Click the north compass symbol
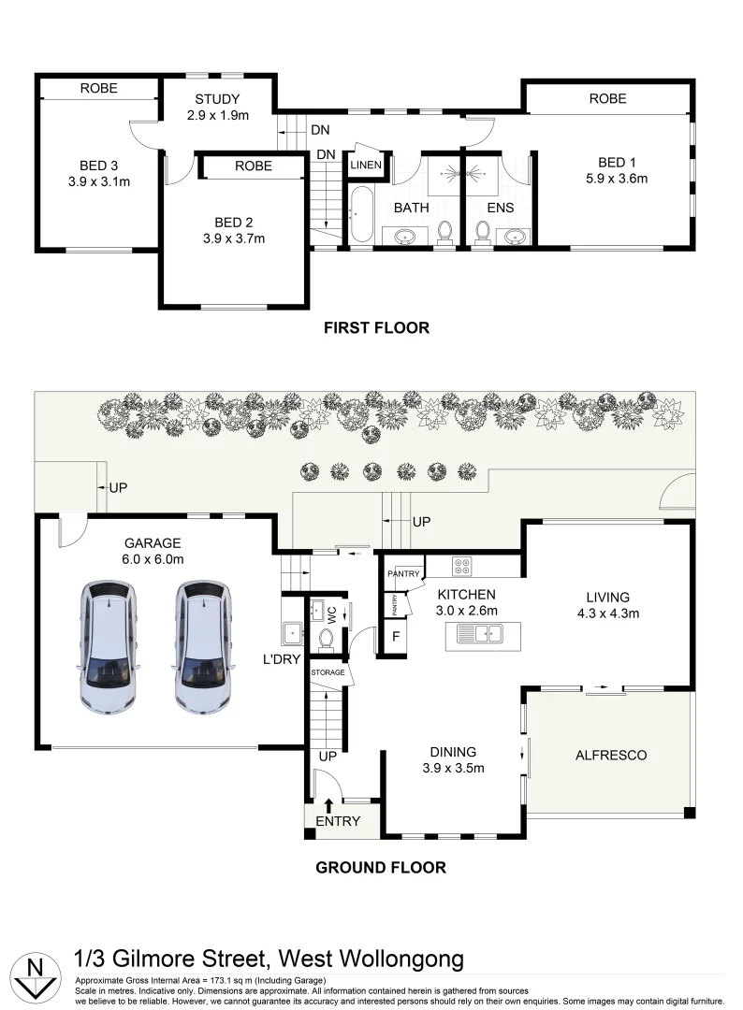[36, 977]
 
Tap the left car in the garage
[109, 647]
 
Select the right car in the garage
[202, 647]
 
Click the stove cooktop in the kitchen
[462, 566]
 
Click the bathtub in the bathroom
[361, 215]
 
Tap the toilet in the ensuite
[483, 232]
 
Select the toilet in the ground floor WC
[326, 641]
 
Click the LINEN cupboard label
[366, 165]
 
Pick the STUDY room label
[217, 99]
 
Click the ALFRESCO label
[611, 755]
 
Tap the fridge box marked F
[397, 637]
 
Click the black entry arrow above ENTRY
[328, 805]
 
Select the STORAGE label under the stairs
[328, 672]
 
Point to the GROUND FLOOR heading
[381, 868]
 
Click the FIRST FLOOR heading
[376, 328]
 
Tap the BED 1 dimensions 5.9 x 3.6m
[617, 179]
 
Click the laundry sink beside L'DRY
[292, 633]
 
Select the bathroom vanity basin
[405, 236]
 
